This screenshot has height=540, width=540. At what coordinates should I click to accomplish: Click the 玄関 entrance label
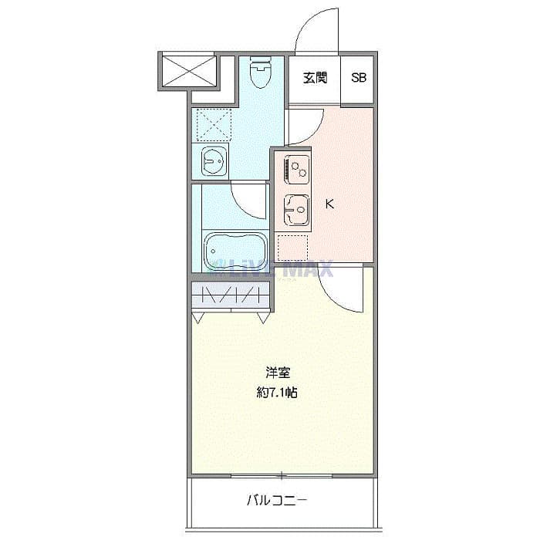pos(314,78)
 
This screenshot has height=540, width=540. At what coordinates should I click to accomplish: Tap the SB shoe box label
pos(359,78)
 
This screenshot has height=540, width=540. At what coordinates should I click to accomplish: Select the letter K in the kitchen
pos(329,204)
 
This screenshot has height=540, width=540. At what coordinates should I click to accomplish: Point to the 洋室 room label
pos(278,372)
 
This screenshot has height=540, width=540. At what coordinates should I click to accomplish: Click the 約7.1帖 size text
pos(278,393)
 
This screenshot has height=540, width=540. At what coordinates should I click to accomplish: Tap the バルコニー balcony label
pos(277,501)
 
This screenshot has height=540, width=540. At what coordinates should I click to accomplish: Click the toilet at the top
pos(261,75)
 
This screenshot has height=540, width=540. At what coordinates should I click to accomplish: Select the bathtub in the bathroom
pos(235,249)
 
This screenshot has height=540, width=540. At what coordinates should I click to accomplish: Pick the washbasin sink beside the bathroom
pos(212,160)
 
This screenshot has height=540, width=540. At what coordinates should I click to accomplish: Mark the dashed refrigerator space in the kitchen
pos(292,247)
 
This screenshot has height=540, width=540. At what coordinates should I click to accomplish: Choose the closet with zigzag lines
pos(231,295)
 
